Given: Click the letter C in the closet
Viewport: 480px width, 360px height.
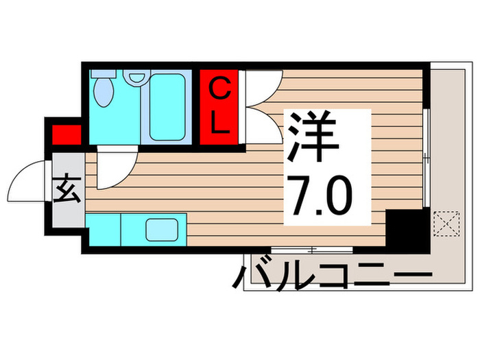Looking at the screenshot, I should coord(219,88).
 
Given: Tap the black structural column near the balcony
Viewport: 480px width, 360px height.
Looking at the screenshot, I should coord(405,230).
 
